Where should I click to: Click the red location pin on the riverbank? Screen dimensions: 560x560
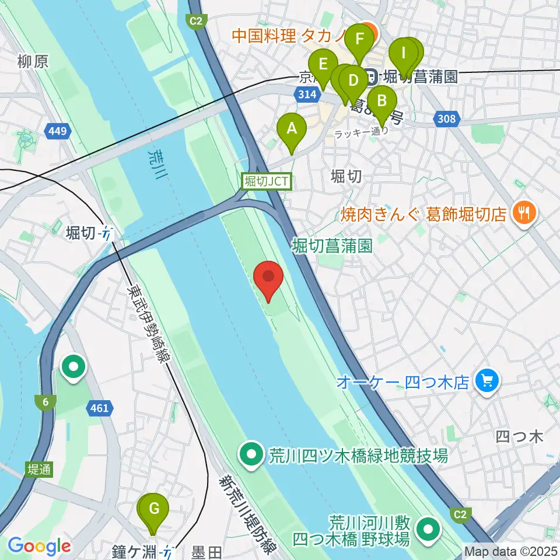pos(269,279)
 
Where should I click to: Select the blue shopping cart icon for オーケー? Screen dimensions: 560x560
pos(487,382)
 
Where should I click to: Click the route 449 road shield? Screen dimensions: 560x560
pos(58,132)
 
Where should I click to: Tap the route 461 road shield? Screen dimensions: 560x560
pos(100,408)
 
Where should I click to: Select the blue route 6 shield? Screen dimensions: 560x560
pos(45,401)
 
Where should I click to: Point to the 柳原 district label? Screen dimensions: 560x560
pos(33,62)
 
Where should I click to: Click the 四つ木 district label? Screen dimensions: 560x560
pos(519,436)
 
